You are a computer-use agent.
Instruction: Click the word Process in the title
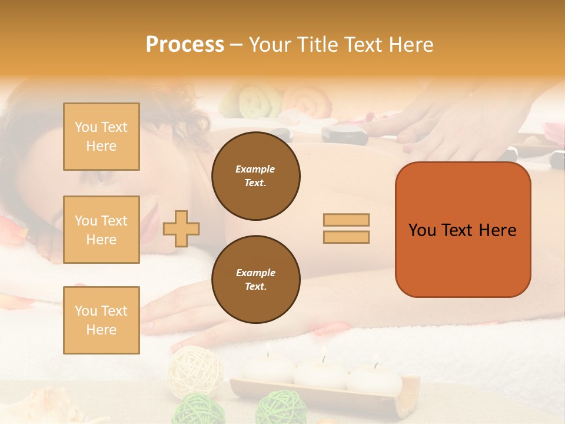coord(185,45)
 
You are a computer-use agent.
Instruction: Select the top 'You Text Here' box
coord(101,137)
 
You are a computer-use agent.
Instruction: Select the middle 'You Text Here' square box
coord(101,230)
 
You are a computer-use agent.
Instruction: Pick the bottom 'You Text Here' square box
coord(101,320)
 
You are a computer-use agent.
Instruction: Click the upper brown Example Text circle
coord(255,176)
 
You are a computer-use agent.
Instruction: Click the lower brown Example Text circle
coord(255,279)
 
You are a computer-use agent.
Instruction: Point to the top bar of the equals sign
coord(346,220)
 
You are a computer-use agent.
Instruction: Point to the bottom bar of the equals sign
coord(346,237)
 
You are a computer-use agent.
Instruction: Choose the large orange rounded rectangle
coord(463,230)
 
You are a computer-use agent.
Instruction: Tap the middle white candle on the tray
coord(321,372)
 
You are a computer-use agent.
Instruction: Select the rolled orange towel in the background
coord(308,103)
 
